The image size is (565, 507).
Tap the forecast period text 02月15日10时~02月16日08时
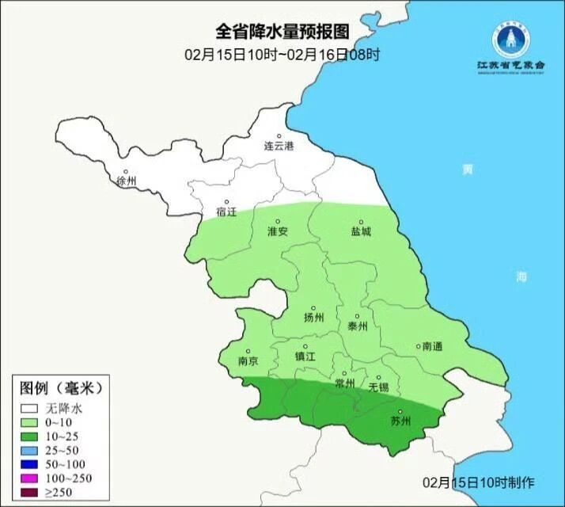click(282, 55)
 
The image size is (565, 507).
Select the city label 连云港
click(279, 147)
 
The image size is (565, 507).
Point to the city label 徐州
click(127, 181)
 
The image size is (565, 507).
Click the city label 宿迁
click(226, 212)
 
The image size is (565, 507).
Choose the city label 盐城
click(362, 232)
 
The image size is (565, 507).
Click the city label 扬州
click(314, 318)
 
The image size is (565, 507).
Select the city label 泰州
click(358, 326)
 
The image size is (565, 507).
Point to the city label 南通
click(433, 346)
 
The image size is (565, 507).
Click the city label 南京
click(248, 360)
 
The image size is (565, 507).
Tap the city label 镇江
click(305, 356)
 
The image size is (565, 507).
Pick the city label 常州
click(345, 383)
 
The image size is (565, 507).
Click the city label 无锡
click(379, 387)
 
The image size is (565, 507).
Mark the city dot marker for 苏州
click(400, 411)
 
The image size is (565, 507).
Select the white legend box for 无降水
click(30, 409)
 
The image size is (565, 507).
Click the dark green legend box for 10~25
click(30, 436)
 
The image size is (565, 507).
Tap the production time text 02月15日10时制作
click(480, 482)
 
